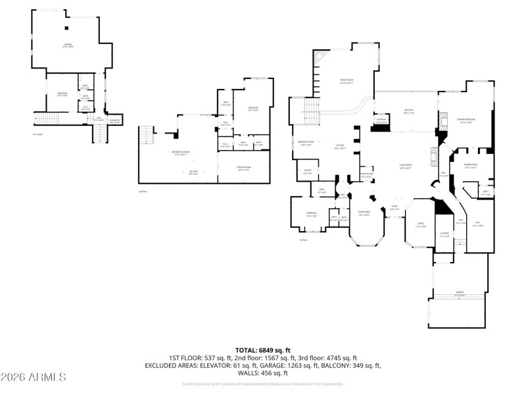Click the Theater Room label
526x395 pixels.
click(x=244, y=168)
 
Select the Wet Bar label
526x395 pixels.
click(x=194, y=172)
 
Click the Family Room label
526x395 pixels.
click(x=347, y=82)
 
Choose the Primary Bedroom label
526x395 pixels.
click(x=467, y=120)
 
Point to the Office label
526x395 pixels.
click(x=420, y=225)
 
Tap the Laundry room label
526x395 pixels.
click(x=444, y=234)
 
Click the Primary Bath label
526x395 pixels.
click(x=470, y=165)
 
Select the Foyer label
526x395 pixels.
click(x=394, y=207)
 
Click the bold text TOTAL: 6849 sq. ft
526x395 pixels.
click(x=263, y=350)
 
